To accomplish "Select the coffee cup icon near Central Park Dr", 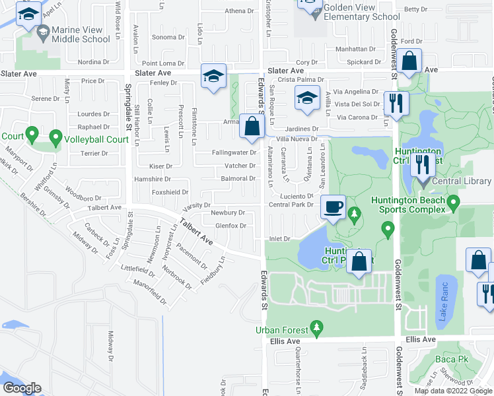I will [x=333, y=207].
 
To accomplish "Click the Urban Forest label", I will [x=283, y=330].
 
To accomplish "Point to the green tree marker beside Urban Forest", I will [x=317, y=327].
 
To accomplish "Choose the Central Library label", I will [x=463, y=181].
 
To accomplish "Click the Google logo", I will [x=22, y=388].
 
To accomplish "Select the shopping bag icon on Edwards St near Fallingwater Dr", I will [x=252, y=127].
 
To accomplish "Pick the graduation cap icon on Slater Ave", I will [x=214, y=76].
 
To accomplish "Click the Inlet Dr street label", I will [x=279, y=238].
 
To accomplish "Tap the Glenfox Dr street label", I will [x=230, y=226].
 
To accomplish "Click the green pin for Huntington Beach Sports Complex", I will [x=452, y=202].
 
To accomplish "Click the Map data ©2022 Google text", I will [x=452, y=391].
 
